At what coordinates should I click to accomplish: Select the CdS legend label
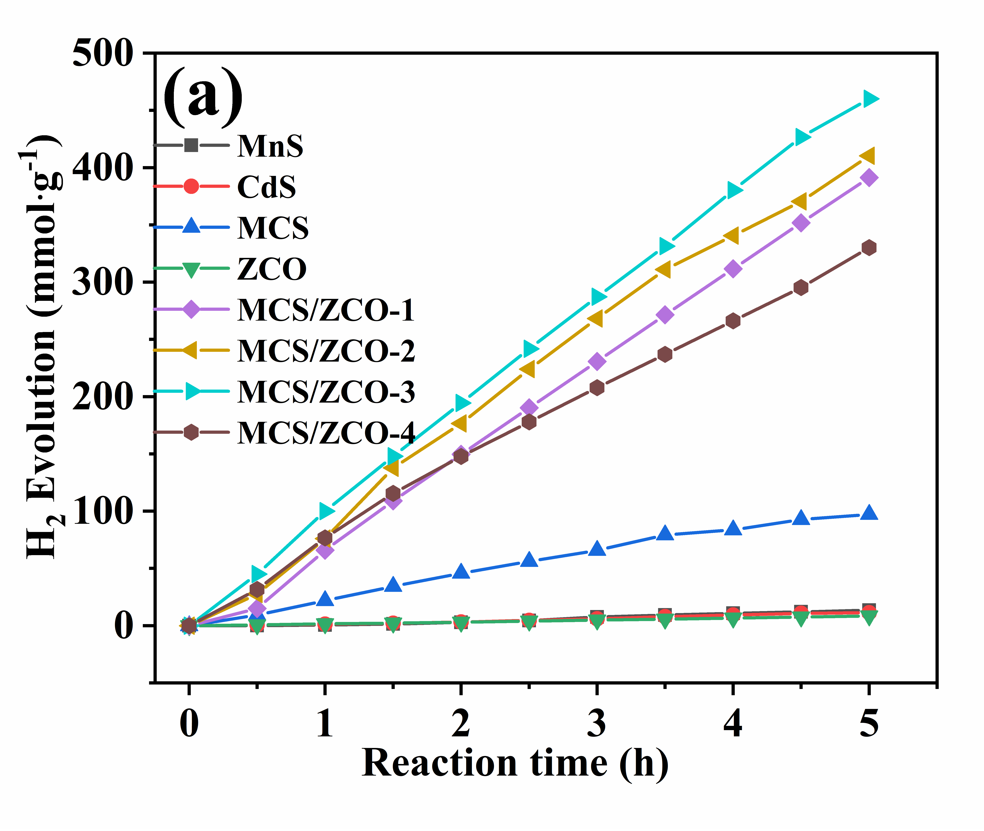point(266,187)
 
